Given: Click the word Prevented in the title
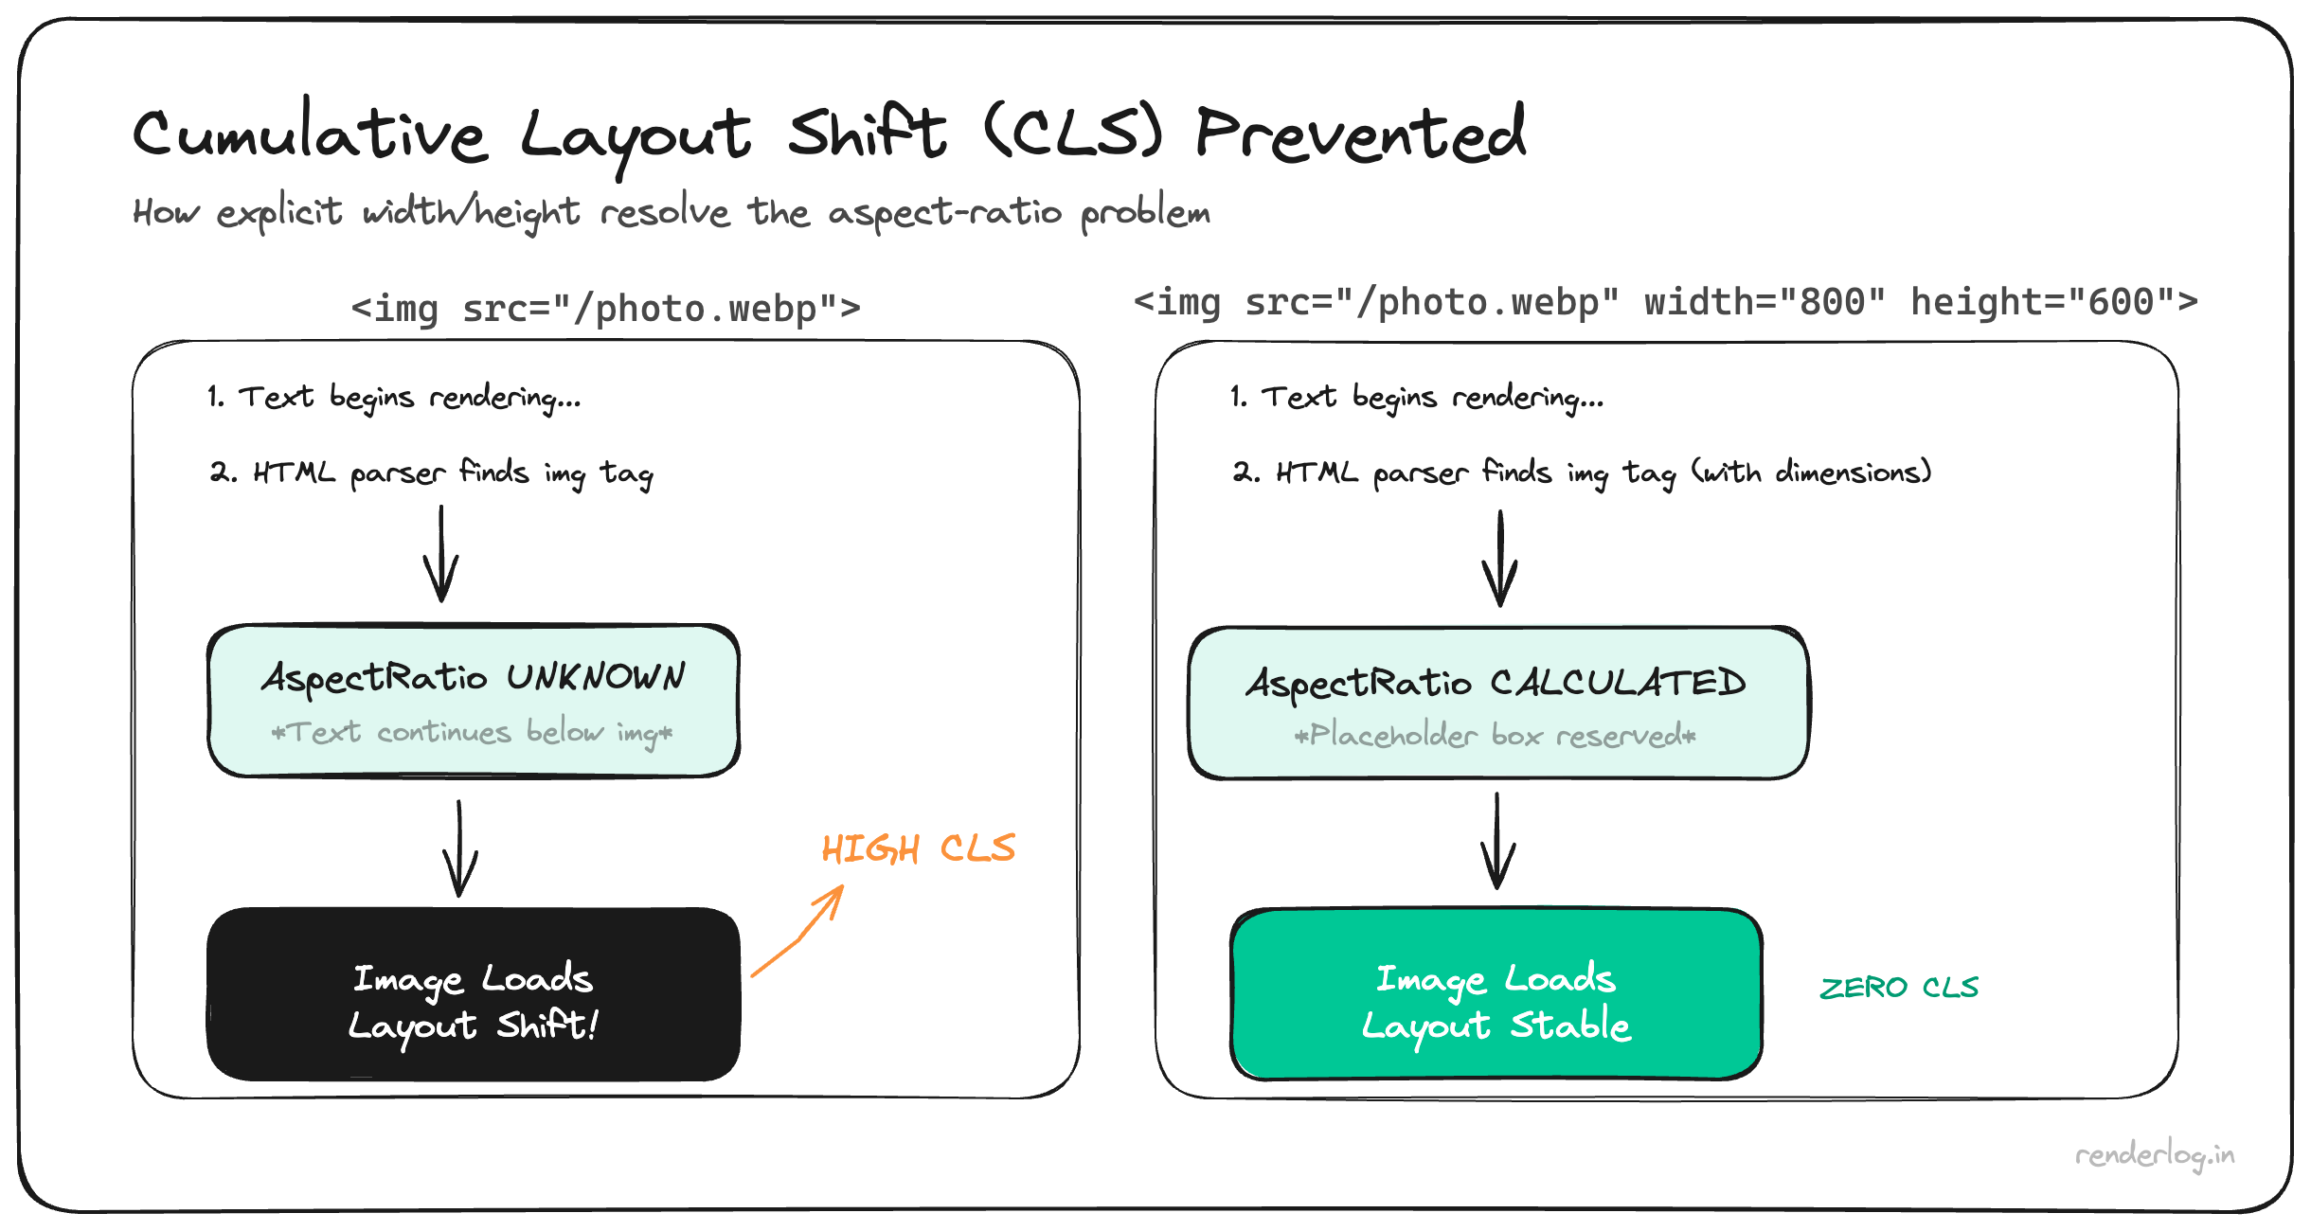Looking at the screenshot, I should point(1360,135).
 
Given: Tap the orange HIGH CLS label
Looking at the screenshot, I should point(918,848).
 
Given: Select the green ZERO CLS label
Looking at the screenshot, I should point(1899,988).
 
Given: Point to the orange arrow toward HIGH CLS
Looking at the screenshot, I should point(797,933).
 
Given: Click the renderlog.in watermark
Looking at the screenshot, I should point(2155,1155).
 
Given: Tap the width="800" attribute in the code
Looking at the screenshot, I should point(1765,303).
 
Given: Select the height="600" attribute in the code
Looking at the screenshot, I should point(2053,303).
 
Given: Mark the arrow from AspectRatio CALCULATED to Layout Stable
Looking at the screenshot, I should point(1497,843).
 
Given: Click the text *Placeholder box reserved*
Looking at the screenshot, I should point(1495,736).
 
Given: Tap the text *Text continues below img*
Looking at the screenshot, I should point(472,733).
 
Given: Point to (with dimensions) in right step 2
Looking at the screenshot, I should point(1812,472).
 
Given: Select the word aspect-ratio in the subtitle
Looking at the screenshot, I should point(944,212).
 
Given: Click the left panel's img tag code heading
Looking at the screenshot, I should point(606,309).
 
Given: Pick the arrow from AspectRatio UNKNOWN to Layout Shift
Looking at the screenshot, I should point(460,849).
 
